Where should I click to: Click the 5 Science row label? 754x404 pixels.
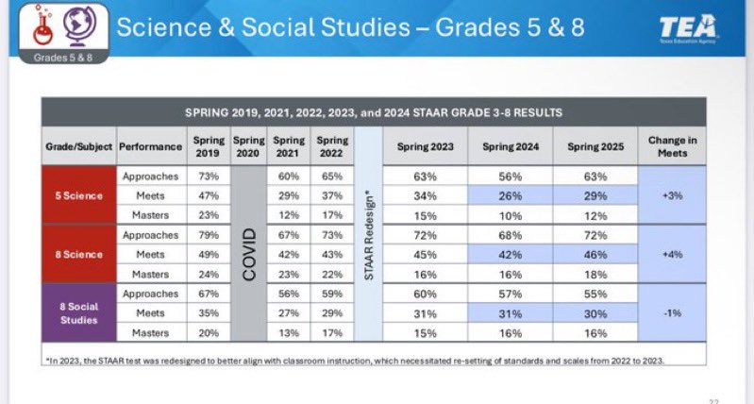click(78, 195)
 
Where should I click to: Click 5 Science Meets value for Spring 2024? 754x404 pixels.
click(510, 195)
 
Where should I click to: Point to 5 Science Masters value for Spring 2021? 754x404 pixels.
click(290, 214)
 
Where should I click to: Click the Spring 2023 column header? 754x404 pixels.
click(425, 146)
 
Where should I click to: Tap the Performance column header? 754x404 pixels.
click(150, 146)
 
